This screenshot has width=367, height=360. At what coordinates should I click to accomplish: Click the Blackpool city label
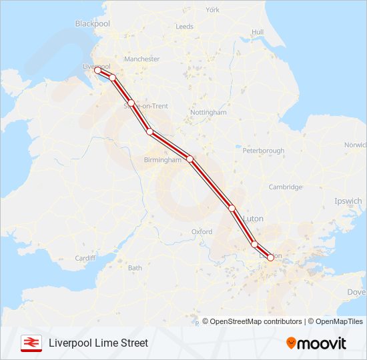(x=92, y=23)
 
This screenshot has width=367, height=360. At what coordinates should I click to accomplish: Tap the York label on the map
(x=212, y=10)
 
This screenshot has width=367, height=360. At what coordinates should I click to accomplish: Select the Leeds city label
(x=184, y=27)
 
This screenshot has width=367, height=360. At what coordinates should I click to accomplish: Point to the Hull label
(x=258, y=32)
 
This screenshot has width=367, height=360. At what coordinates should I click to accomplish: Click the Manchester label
(x=142, y=59)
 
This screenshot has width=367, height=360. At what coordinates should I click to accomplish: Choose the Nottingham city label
(x=208, y=113)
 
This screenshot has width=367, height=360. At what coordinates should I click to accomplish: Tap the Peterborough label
(x=263, y=151)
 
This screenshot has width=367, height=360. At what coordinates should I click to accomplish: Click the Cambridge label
(x=285, y=187)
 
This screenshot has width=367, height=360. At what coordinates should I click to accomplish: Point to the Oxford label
(x=202, y=232)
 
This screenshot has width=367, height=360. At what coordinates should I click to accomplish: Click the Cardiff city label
(x=85, y=258)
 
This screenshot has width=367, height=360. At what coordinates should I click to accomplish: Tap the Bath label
(x=135, y=268)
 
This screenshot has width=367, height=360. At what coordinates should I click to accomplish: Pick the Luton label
(x=254, y=219)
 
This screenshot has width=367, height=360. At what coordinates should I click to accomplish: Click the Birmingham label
(x=163, y=160)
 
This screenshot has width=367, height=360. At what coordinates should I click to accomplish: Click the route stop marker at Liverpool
(x=97, y=70)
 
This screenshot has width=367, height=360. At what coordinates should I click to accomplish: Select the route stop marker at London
(x=270, y=257)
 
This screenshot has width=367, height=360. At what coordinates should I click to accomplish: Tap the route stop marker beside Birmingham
(x=190, y=159)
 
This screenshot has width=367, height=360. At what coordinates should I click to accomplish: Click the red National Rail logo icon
(x=29, y=343)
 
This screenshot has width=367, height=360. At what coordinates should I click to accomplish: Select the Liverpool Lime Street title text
(x=98, y=343)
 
